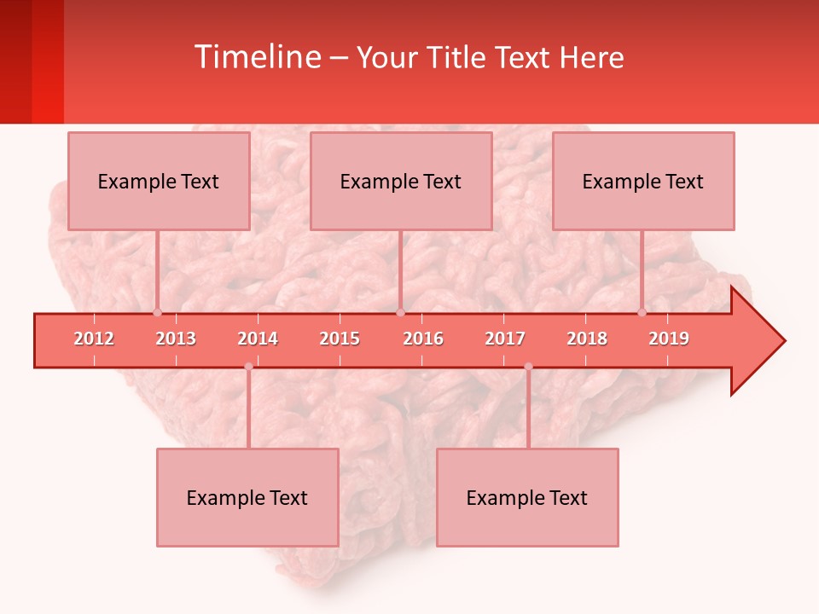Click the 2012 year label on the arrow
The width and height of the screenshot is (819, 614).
pos(94,339)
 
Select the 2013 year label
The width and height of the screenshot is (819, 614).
pos(176,339)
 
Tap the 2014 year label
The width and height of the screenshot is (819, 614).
pos(258,339)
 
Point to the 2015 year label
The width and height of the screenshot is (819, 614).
pos(340,339)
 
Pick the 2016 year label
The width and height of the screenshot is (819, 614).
pos(423,339)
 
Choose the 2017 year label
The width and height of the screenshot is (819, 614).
pos(505,339)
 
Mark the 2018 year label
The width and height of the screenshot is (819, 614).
pos(587,339)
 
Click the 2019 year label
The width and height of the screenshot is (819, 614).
pos(669,339)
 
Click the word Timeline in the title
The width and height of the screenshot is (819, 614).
pos(256,57)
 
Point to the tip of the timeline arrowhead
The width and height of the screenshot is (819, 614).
pos(784,341)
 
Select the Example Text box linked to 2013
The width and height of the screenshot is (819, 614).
pos(159,181)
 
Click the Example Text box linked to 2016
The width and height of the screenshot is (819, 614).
pos(401,181)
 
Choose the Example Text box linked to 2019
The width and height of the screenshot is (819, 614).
pos(643,181)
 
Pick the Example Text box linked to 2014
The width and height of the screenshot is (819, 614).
pos(247,497)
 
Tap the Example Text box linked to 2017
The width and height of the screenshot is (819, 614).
pos(527,497)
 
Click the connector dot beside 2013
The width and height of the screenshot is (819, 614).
pos(157,312)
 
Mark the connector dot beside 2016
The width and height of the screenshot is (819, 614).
pos(400,312)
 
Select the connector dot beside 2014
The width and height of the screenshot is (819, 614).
pos(248,367)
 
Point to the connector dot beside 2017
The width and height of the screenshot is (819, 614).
pos(528,367)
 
